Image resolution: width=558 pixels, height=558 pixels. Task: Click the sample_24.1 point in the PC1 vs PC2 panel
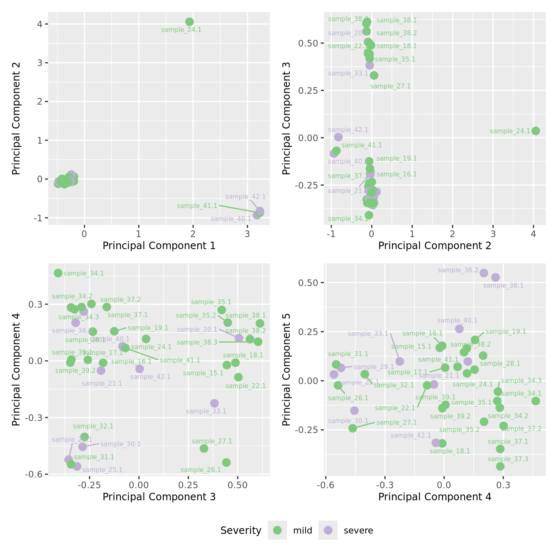coord(189,22)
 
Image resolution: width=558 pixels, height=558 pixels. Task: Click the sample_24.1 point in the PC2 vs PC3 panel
coord(536,131)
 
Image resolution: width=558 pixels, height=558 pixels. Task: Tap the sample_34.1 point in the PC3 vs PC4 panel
coord(58,273)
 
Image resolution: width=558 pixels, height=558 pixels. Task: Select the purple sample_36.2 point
coord(484,273)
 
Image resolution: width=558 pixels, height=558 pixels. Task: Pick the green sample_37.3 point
coord(500,466)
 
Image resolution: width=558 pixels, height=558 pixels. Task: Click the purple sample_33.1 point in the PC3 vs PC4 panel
coord(214,403)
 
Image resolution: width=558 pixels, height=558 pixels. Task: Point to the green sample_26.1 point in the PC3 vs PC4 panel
coord(226,463)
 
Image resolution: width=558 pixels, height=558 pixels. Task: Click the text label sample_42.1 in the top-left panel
coord(245,197)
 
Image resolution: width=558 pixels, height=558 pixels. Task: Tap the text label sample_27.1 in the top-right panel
coord(390,86)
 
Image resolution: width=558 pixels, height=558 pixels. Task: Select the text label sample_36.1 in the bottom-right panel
coord(503,286)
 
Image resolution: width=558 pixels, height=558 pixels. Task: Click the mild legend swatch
coord(277,530)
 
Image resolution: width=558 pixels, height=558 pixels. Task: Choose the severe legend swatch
coord(328,530)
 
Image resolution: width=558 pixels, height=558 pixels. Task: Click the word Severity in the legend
coord(241,531)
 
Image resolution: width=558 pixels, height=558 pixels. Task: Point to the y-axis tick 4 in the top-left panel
coord(40,24)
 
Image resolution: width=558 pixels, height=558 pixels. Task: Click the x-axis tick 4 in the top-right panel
coord(534,234)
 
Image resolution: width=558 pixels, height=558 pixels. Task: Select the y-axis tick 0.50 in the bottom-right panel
coord(308,283)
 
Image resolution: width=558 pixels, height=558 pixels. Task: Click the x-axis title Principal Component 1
coord(159,246)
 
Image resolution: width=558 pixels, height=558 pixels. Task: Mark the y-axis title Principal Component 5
coord(286,369)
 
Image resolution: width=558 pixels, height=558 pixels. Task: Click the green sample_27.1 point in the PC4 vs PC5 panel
coord(352,428)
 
